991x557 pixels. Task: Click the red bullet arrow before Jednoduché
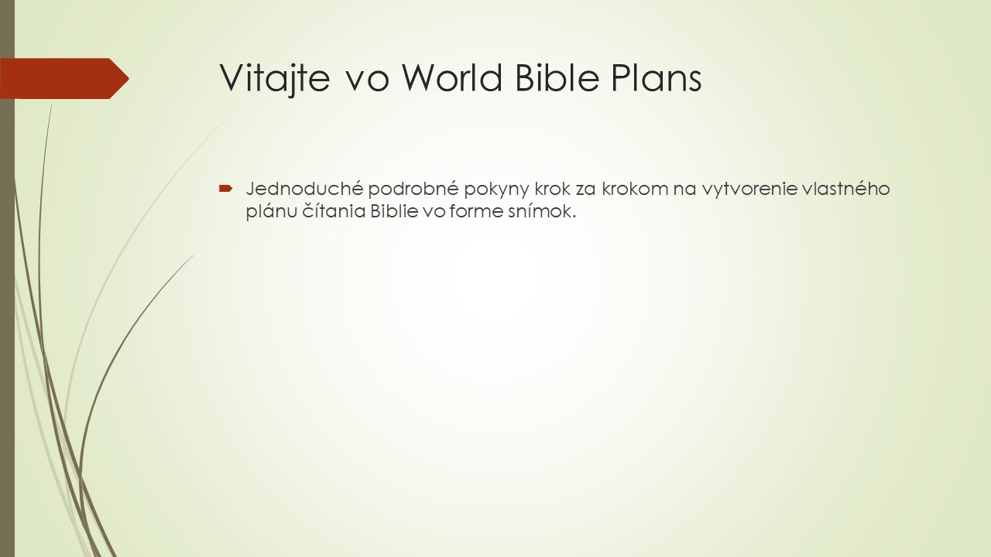(226, 188)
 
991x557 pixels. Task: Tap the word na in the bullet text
(684, 190)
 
